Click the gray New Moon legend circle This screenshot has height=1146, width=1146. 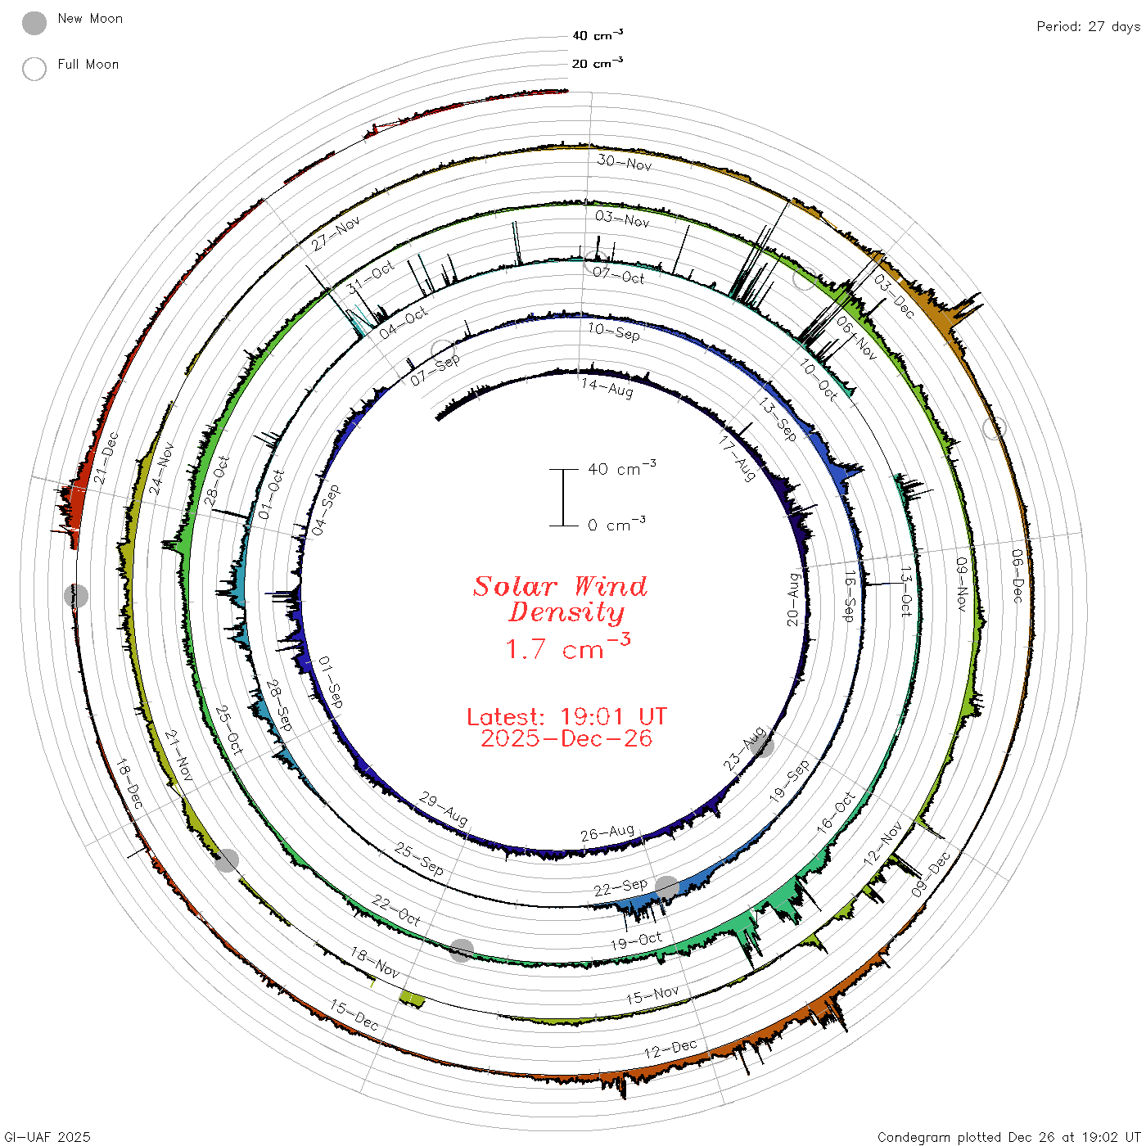coord(34,23)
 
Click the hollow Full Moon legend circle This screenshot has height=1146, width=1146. coord(34,69)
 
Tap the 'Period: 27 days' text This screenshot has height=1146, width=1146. coord(1088,27)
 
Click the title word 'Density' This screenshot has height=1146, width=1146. coord(566,612)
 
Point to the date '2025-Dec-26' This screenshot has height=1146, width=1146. coord(566,738)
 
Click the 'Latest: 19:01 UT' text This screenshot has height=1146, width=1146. coord(566,716)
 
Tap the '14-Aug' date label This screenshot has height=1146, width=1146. coord(607,388)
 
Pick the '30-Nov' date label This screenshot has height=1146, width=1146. coord(625,162)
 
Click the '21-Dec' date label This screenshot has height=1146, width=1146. coord(106,458)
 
